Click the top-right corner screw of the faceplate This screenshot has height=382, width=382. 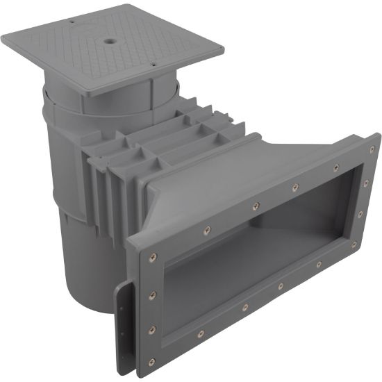[372, 149]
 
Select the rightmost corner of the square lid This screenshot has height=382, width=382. [224, 50]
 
